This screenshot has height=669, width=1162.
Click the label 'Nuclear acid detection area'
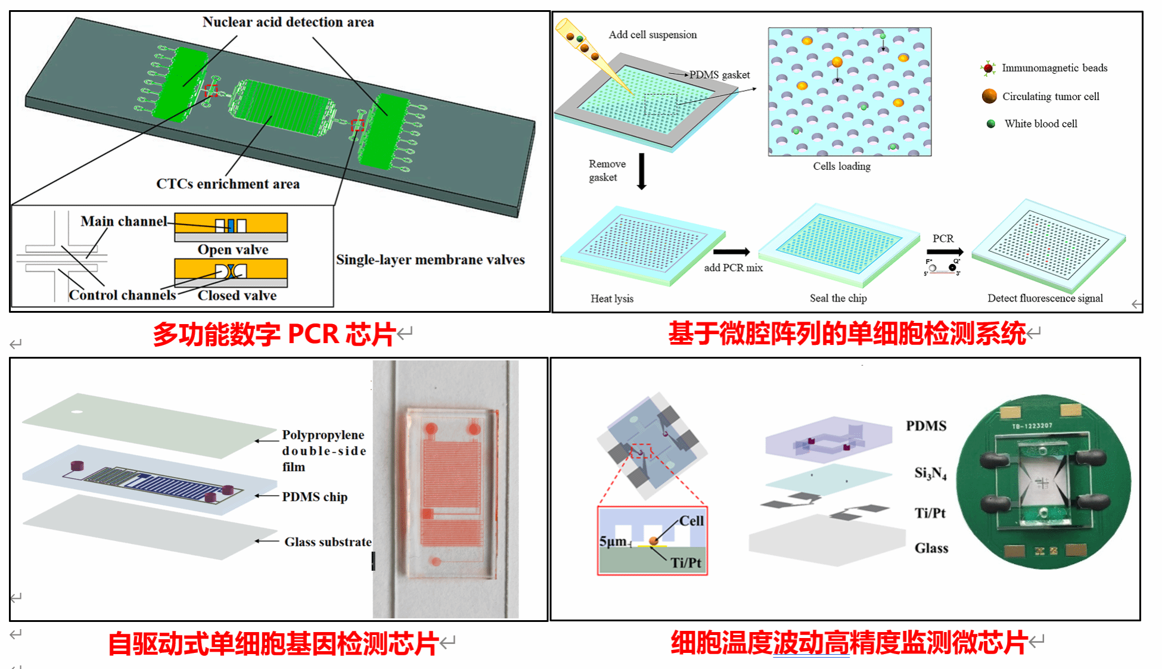(x=288, y=22)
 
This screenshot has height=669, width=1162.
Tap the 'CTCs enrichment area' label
(x=228, y=184)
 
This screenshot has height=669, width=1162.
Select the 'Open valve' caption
(x=233, y=250)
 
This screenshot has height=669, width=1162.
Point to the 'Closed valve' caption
(x=237, y=295)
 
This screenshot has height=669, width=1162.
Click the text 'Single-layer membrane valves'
(x=430, y=260)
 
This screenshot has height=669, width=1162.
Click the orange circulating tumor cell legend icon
(x=989, y=96)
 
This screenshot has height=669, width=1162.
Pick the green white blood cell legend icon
(x=991, y=124)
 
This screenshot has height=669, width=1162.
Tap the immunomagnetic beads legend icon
(x=988, y=69)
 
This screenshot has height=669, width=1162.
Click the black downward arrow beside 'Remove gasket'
(x=642, y=172)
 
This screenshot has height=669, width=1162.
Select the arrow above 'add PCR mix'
(x=731, y=252)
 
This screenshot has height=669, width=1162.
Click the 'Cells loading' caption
(x=841, y=166)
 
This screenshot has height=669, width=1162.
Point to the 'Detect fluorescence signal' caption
(x=1045, y=298)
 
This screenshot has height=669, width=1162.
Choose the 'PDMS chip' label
(x=315, y=497)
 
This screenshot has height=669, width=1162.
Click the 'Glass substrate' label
(x=328, y=542)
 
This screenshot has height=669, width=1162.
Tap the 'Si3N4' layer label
(x=930, y=474)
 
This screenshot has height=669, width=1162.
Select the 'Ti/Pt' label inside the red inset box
(x=685, y=562)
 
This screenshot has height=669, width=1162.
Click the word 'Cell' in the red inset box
(x=691, y=521)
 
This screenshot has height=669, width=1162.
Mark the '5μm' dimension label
(x=613, y=541)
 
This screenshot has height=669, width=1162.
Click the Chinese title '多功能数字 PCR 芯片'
(x=274, y=334)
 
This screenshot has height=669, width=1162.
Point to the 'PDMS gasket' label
(x=719, y=75)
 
